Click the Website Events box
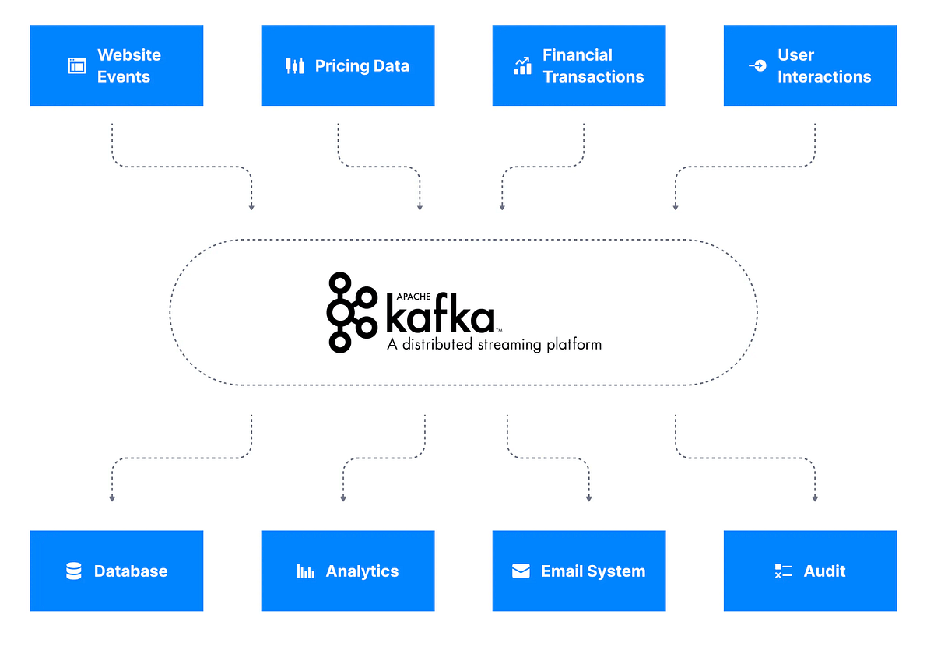pos(117,65)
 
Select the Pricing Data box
pos(348,65)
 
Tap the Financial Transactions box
pos(579,65)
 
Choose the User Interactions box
pos(810,65)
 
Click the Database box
pos(117,571)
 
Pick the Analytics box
pos(348,571)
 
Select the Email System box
pos(579,571)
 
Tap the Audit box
pos(810,571)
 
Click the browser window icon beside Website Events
pos(76,65)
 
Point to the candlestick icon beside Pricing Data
pos(294,65)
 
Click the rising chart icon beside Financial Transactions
pos(522,65)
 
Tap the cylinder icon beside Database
pos(74,571)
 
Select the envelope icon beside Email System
pos(521,571)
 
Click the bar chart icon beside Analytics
pos(305,571)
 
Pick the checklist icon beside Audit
pos(783,571)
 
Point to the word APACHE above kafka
pos(405,295)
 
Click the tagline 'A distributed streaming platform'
pos(494,344)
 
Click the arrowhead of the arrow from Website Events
pos(251,206)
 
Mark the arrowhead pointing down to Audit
pos(815,497)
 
